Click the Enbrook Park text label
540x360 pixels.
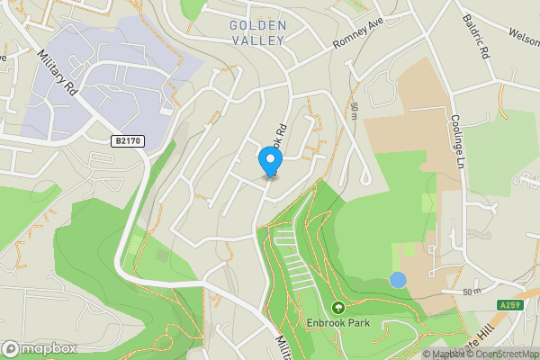pos(338,321)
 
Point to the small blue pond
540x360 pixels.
pos(397,280)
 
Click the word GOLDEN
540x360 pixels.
pos(257,25)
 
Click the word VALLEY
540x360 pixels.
pos(257,40)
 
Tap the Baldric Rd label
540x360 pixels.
pos(476,35)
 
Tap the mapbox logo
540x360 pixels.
pos(39,348)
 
